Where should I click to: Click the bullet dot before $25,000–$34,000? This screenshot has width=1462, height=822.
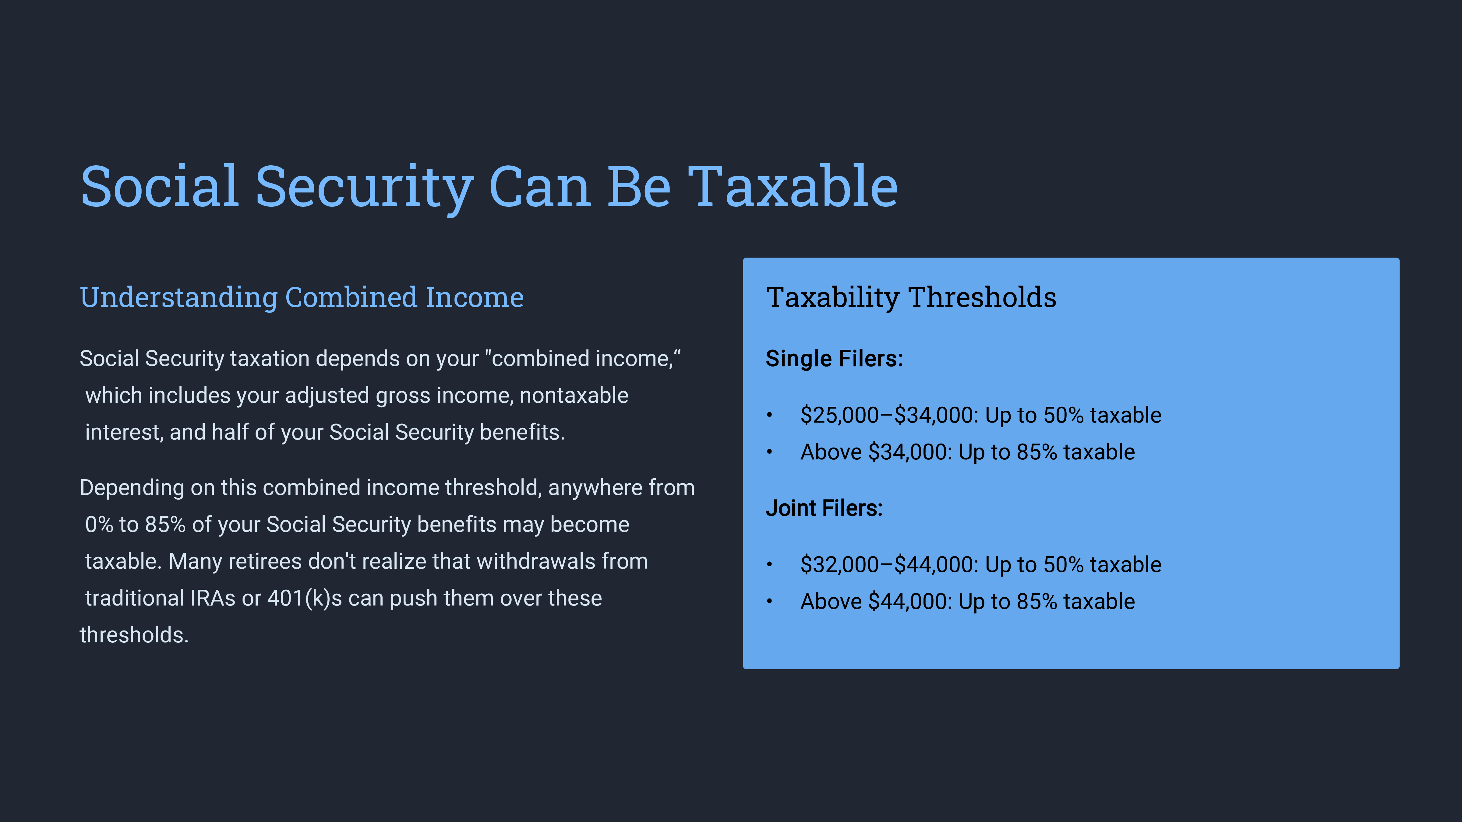point(770,415)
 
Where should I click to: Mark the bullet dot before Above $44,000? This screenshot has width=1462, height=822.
point(770,601)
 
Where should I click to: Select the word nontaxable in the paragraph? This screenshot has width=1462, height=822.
point(574,395)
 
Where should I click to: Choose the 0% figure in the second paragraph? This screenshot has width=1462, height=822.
point(99,525)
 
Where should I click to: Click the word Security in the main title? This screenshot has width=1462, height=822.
point(364,187)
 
